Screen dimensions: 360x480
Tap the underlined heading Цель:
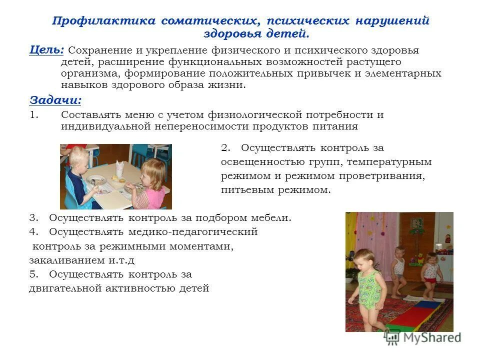[x=46, y=49]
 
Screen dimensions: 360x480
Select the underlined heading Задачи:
[x=55, y=99]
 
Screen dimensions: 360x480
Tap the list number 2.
[x=224, y=148]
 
